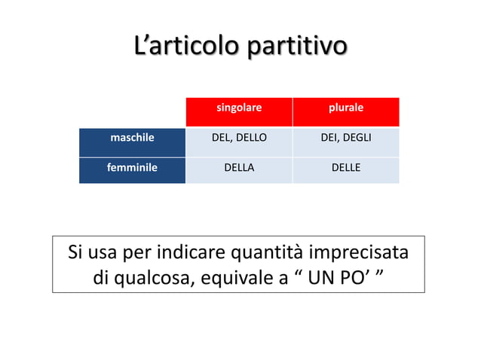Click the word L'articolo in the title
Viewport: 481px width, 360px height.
click(x=179, y=46)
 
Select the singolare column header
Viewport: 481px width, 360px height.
click(x=239, y=108)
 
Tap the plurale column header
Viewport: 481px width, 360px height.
click(x=346, y=108)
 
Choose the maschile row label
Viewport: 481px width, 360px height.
click(x=132, y=138)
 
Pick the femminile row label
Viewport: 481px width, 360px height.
click(x=132, y=168)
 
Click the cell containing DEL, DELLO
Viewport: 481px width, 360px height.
click(x=239, y=138)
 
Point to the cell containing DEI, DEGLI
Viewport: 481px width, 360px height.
click(x=346, y=138)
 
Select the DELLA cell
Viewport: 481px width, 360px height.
click(x=239, y=168)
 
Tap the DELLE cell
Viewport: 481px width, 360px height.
click(x=346, y=168)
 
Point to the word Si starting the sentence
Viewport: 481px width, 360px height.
click(x=75, y=252)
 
